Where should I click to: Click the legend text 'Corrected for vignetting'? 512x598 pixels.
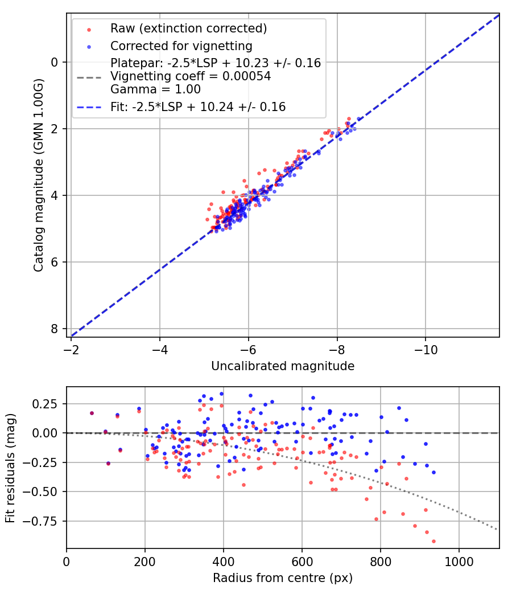tap(181, 46)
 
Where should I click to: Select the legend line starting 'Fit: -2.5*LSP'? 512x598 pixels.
tap(198, 107)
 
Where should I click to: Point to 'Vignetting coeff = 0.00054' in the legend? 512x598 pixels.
tap(191, 76)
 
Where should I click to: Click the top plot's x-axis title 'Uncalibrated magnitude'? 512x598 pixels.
tap(283, 366)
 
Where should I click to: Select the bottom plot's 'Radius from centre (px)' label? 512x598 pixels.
tap(283, 578)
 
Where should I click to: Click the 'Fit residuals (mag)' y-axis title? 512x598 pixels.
tap(10, 468)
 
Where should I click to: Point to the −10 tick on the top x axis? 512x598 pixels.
tap(426, 349)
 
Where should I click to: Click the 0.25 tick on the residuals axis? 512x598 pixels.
tap(48, 404)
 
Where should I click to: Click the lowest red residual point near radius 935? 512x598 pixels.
tap(433, 541)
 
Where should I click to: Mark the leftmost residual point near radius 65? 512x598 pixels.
tap(92, 413)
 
